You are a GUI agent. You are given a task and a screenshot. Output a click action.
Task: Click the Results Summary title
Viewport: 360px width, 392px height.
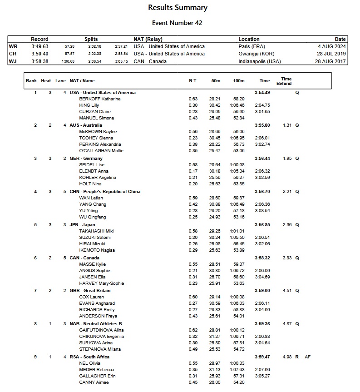(x=178, y=7)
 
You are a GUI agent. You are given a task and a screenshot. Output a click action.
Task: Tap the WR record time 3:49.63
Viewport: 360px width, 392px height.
(x=39, y=46)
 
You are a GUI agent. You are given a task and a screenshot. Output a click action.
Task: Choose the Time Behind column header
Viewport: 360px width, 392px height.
(x=286, y=81)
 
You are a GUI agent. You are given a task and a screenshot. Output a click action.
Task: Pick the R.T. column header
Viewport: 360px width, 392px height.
(x=193, y=81)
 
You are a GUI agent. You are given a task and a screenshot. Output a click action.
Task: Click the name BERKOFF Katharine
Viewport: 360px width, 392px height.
(x=100, y=99)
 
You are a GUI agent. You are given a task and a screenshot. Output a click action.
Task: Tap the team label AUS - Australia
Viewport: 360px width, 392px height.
(x=86, y=125)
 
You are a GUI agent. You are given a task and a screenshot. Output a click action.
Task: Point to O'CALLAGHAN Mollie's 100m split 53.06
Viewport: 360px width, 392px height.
(x=238, y=151)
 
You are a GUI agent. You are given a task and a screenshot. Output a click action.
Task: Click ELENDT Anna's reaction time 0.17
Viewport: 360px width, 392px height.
(x=193, y=171)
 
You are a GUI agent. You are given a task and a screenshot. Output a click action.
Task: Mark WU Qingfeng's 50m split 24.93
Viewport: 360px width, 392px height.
(x=214, y=217)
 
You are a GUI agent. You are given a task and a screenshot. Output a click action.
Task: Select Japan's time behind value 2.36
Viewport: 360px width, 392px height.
(x=286, y=225)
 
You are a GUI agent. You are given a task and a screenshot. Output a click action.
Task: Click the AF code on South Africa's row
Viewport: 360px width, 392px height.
(x=308, y=357)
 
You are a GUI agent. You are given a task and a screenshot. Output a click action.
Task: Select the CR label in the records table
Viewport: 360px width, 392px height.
(x=12, y=54)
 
